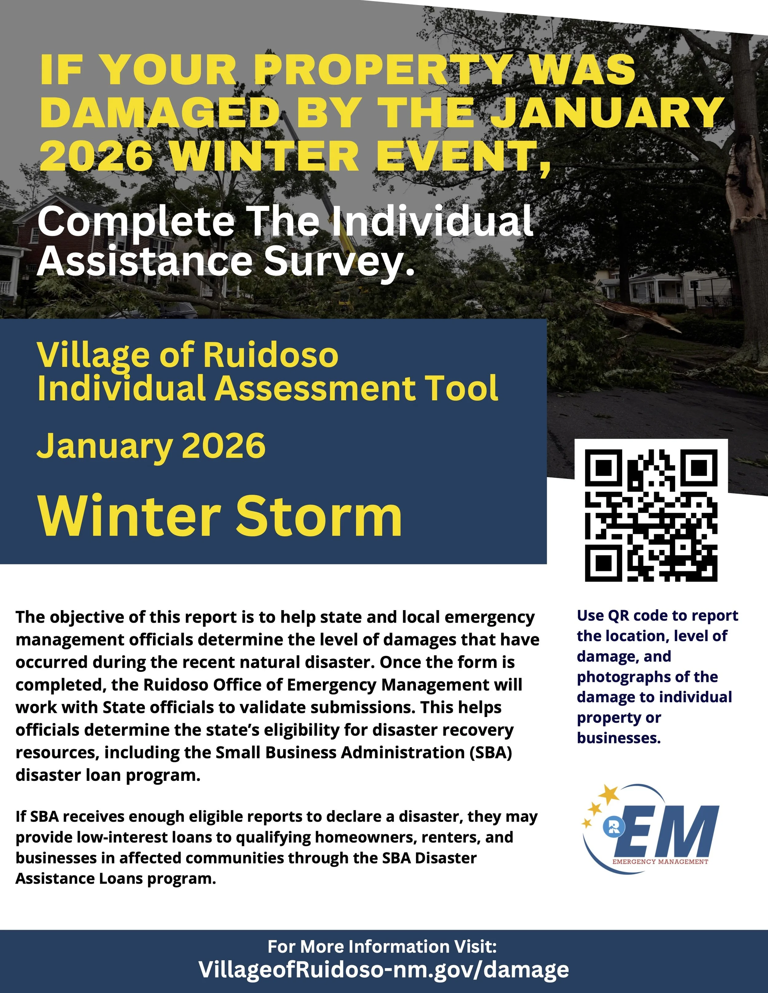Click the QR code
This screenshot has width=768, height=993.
point(651,515)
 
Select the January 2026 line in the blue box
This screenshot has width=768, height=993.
point(151,446)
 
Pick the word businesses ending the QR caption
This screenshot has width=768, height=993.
point(618,738)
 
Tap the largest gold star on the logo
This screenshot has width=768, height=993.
point(608,794)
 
